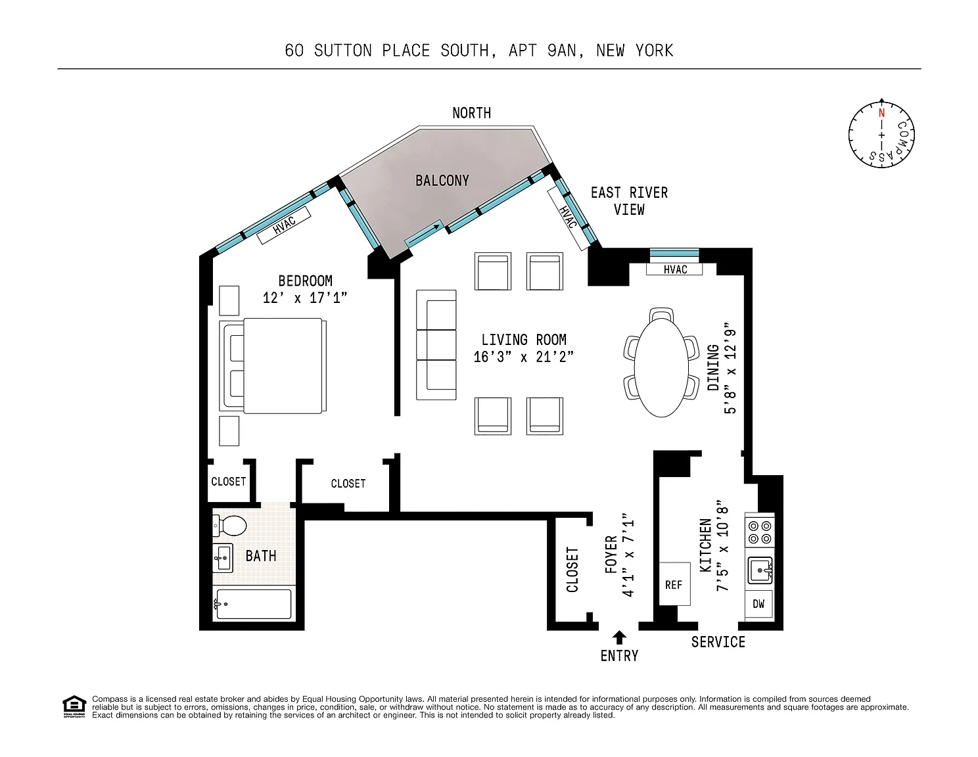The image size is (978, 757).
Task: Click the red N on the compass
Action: (881, 112)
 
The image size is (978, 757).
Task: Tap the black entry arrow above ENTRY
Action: (619, 637)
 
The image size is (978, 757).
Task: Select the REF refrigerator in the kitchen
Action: (674, 584)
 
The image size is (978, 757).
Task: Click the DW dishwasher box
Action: (759, 604)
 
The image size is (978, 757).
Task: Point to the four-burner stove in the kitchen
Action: (759, 532)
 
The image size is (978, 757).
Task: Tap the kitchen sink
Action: (760, 570)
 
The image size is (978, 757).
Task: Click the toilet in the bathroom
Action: (229, 525)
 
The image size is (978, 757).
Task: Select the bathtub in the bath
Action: (254, 604)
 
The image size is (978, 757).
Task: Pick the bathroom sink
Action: (222, 558)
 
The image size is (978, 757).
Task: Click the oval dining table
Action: (661, 367)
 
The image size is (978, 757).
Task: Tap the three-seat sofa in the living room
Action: (436, 345)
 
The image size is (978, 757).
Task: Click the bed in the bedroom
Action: (273, 365)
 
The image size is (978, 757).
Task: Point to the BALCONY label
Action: (442, 181)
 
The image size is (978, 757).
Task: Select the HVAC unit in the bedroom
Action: (284, 225)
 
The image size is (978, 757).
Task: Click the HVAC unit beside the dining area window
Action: (674, 269)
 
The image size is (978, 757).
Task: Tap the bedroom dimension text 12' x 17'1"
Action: (305, 298)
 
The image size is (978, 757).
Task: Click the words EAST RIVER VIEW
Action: (629, 201)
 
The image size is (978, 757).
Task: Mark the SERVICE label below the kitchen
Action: (718, 642)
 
